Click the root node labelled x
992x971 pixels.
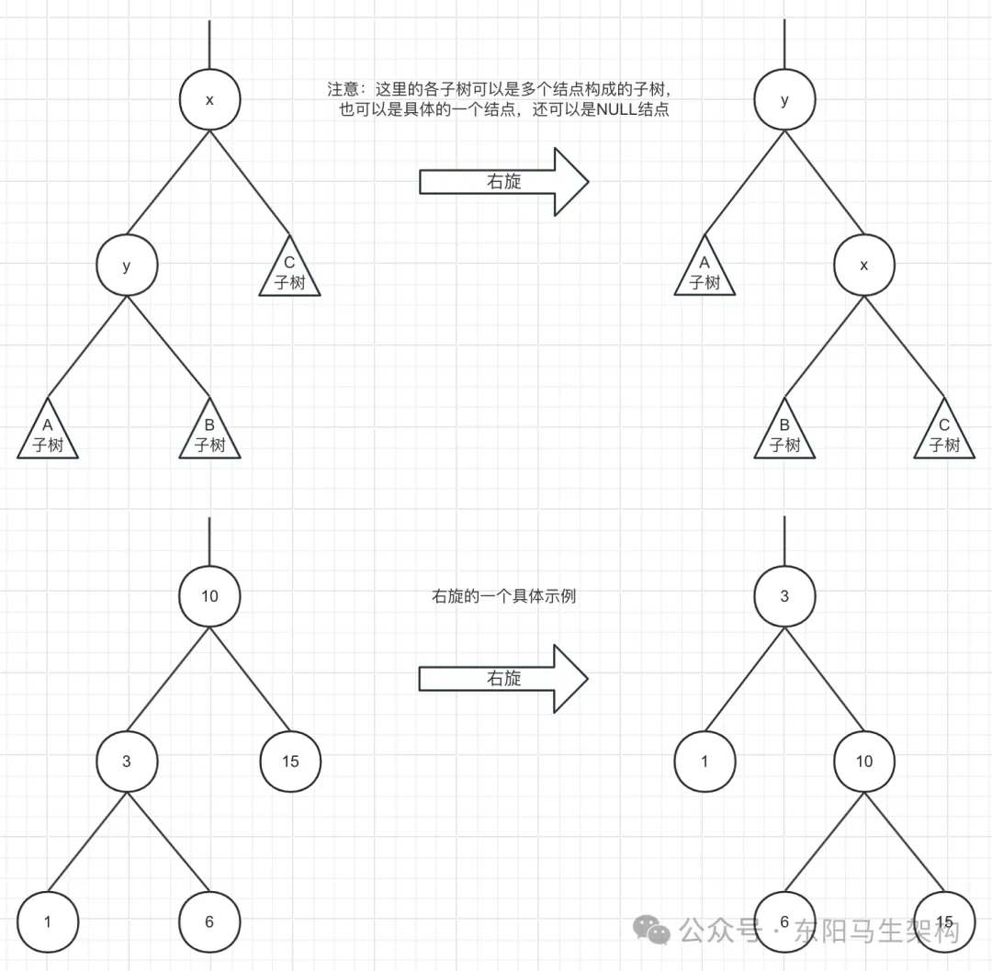[x=209, y=99]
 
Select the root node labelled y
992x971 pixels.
[x=783, y=99]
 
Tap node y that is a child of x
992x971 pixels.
[x=127, y=265]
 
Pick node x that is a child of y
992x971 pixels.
[x=863, y=265]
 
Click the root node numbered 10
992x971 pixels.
[x=209, y=595]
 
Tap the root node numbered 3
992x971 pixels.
[x=783, y=595]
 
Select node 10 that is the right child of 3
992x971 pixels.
[x=863, y=761]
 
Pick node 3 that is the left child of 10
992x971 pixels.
[x=127, y=761]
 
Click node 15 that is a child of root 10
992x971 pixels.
[x=290, y=761]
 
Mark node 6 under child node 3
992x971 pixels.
[x=209, y=921]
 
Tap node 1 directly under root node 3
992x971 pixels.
[x=705, y=761]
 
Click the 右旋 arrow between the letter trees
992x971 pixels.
[x=503, y=182]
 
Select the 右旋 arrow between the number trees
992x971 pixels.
[x=503, y=678]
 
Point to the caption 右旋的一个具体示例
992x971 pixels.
[x=503, y=596]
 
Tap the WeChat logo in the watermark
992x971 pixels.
[x=655, y=931]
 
